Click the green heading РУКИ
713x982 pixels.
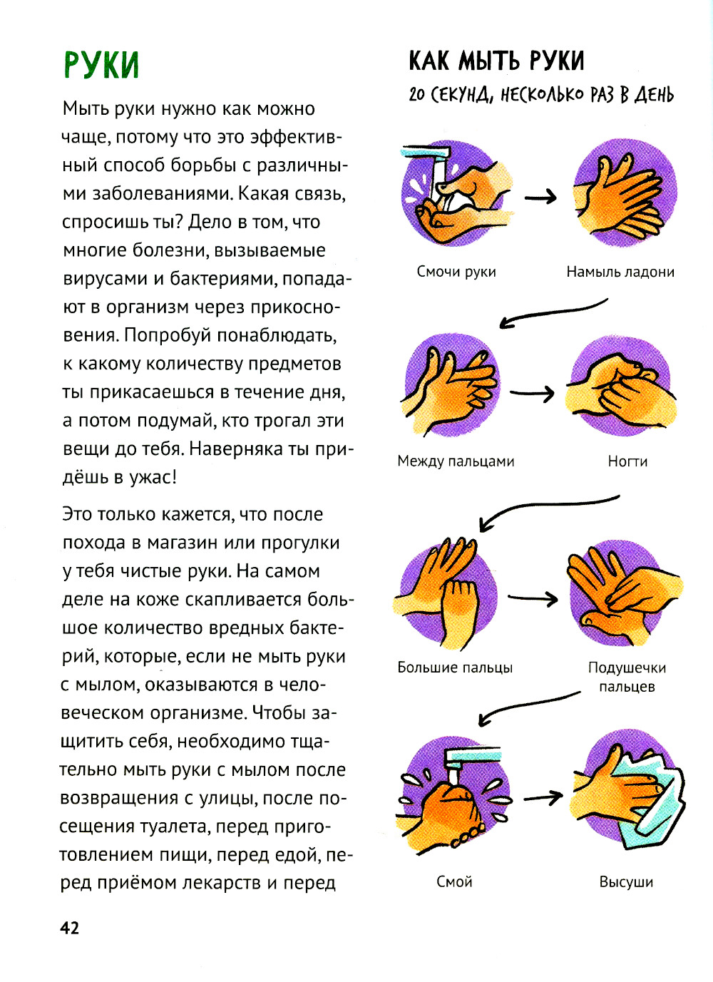(101, 65)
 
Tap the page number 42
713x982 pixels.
(69, 928)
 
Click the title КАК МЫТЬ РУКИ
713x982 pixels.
(496, 61)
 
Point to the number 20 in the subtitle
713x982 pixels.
(417, 95)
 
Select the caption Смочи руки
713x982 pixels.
(456, 272)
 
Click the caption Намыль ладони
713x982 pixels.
(620, 272)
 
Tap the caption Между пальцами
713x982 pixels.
(456, 461)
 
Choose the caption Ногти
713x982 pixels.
(627, 461)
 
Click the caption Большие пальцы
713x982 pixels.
(455, 668)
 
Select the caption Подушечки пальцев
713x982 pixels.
(627, 677)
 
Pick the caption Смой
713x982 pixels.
(454, 881)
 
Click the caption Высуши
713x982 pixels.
(626, 881)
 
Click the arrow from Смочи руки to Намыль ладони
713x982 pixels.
(540, 196)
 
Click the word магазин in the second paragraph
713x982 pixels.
(183, 543)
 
